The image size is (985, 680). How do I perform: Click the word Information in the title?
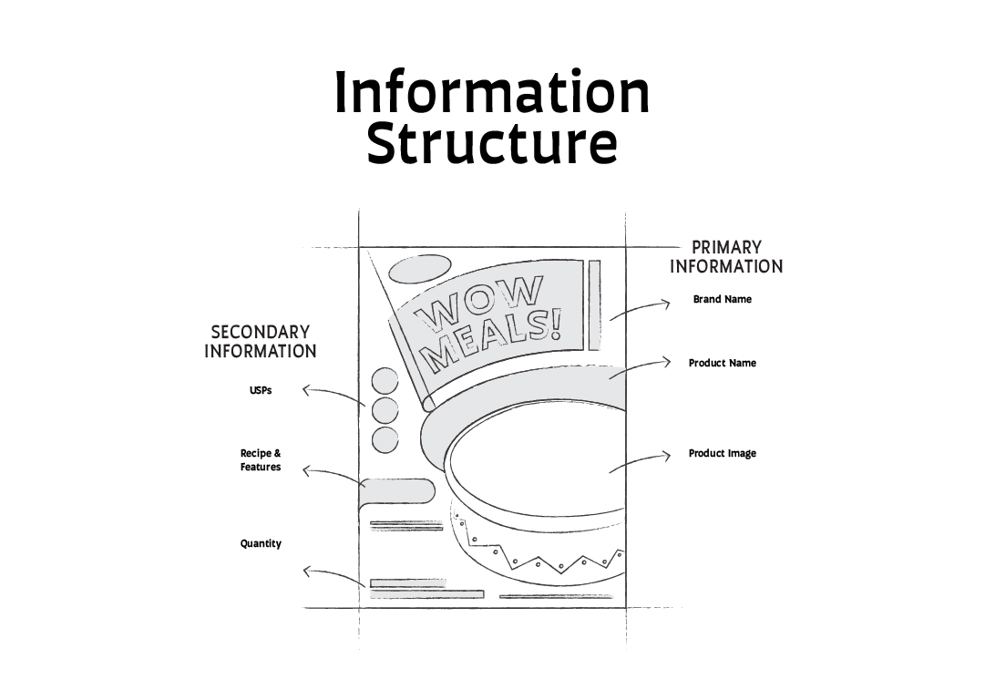(x=492, y=92)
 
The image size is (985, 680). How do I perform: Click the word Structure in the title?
(x=492, y=144)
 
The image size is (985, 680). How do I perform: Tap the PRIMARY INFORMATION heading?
(x=726, y=257)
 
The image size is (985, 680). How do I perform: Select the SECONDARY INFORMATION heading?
(x=261, y=342)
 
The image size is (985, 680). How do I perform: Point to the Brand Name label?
(x=722, y=299)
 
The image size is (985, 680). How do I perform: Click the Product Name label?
(x=722, y=363)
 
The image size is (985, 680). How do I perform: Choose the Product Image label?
(x=722, y=453)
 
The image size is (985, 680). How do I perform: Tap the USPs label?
(x=261, y=390)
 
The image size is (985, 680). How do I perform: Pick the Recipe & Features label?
(x=261, y=459)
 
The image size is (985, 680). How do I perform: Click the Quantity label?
(x=261, y=543)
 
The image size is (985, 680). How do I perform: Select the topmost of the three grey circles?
(x=385, y=382)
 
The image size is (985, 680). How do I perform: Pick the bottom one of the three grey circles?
(x=385, y=439)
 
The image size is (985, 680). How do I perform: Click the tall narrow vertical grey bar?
(x=594, y=304)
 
